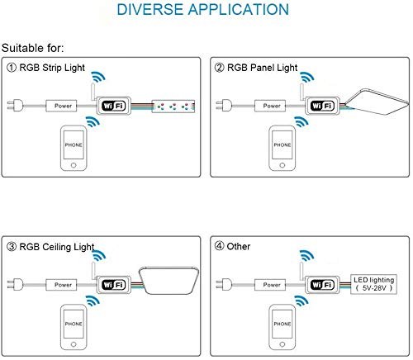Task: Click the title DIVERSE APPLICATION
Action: coord(203,9)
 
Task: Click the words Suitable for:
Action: coord(32,48)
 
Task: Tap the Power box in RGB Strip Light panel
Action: coord(61,106)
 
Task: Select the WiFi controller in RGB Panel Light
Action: coord(322,106)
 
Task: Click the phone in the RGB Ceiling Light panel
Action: coord(74,327)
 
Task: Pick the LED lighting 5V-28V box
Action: coord(373,284)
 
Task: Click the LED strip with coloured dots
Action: coord(173,106)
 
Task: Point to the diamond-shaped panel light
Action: coord(377,102)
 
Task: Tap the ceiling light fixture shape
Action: coord(169,280)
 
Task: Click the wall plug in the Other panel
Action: coord(224,284)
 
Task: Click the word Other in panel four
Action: coord(239,246)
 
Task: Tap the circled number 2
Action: coord(219,68)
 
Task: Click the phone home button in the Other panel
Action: coord(282,344)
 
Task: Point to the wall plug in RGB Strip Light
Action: coord(15,106)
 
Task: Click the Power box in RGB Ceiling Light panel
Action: coord(61,285)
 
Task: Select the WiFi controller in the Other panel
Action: coord(322,285)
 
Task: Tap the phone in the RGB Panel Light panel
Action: coord(282,148)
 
